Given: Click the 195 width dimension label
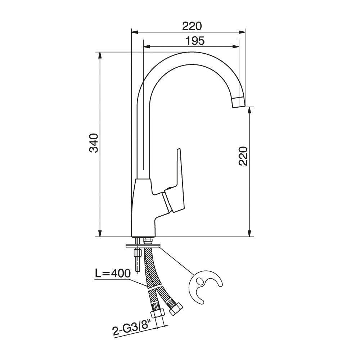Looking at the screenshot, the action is click(195, 41).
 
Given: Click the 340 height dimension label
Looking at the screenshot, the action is click(94, 143).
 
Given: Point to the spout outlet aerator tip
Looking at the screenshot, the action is click(239, 102).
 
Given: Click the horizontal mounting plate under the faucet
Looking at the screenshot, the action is click(143, 246).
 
